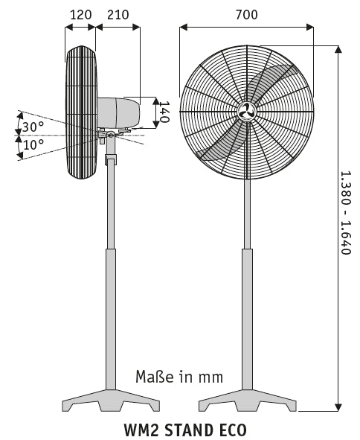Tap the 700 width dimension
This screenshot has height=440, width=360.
(247, 13)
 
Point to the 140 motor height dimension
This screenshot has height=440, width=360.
(165, 112)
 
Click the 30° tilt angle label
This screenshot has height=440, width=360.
(32, 127)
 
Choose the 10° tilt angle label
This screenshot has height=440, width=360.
(33, 144)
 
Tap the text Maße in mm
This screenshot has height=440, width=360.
(179, 376)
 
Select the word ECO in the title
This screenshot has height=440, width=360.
(231, 430)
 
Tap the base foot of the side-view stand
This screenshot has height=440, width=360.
(110, 402)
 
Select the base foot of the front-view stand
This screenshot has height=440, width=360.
(247, 402)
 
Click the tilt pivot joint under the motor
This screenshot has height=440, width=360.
(111, 135)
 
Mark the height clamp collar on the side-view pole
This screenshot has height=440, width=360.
(111, 160)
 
